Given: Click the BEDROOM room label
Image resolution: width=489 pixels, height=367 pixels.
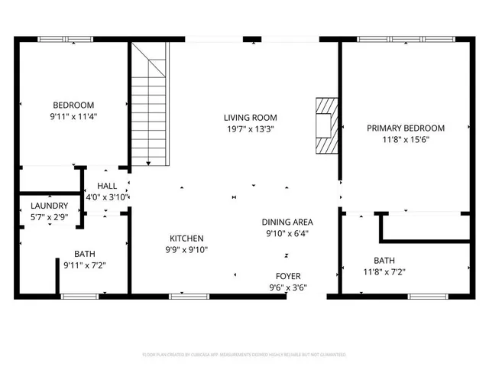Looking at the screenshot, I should [x=73, y=106].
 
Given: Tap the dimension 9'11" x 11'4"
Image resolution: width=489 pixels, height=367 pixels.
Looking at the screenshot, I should [x=73, y=117].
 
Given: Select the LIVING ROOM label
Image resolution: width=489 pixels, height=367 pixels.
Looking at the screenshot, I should [x=250, y=118].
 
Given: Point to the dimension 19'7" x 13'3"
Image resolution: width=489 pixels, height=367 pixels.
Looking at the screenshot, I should [x=250, y=129].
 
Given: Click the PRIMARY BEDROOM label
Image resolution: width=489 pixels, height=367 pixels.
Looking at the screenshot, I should [x=405, y=128].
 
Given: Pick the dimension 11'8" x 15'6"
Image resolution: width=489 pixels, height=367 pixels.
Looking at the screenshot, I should [x=405, y=140].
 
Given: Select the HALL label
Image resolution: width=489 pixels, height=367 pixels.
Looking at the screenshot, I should [x=107, y=186].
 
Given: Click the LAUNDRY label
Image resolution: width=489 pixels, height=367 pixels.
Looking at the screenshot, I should [x=50, y=206].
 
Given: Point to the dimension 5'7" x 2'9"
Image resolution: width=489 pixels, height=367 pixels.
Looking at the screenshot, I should [x=50, y=218].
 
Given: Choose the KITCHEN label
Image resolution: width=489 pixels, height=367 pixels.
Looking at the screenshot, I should [x=186, y=238].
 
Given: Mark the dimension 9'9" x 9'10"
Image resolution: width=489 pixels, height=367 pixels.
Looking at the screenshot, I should [x=186, y=249].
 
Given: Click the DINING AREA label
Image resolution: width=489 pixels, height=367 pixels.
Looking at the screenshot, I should [x=287, y=222].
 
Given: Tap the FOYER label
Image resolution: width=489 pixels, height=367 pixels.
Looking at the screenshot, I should [x=288, y=276].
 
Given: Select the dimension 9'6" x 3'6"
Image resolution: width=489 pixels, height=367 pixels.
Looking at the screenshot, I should [x=288, y=287].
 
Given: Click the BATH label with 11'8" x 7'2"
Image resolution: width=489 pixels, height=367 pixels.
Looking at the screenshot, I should [x=384, y=261].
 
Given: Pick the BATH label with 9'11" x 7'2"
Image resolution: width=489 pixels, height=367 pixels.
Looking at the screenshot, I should [x=85, y=254].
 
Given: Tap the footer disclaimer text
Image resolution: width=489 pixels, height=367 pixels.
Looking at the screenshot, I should [x=244, y=355].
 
